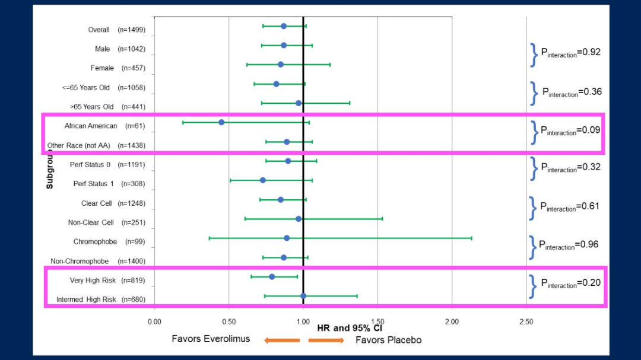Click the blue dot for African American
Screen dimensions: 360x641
click(221, 122)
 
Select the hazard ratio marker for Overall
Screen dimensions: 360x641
click(284, 26)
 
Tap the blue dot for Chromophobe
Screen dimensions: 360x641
click(287, 238)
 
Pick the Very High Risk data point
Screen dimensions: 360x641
click(272, 277)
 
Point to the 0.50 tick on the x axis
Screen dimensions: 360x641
click(229, 322)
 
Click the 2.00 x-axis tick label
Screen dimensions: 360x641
click(452, 322)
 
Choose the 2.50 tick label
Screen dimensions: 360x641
click(526, 322)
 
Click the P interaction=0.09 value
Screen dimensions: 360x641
click(570, 130)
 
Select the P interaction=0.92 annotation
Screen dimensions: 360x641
click(570, 53)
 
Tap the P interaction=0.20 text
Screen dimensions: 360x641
click(570, 283)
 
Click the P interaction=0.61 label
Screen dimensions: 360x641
click(570, 207)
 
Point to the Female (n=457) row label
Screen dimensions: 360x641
click(118, 68)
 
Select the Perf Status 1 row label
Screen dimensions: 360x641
click(109, 184)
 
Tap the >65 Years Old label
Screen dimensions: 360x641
click(107, 107)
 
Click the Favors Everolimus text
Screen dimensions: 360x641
click(211, 339)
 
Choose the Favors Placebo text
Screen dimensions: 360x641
click(388, 340)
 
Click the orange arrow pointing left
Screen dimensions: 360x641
click(282, 340)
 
